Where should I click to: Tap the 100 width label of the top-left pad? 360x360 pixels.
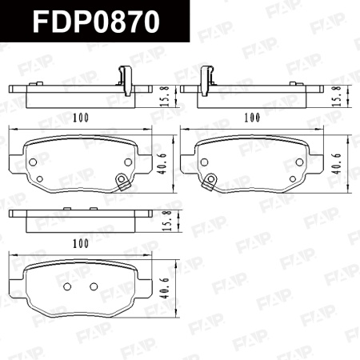tap(80, 118)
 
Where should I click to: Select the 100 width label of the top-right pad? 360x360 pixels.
tap(253, 118)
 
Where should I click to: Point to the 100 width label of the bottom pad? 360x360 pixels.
tap(80, 242)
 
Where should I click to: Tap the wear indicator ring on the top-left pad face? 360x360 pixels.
tap(122, 179)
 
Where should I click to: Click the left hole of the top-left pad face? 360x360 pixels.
tap(34, 161)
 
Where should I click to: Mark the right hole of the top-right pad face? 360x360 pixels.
tap(298, 161)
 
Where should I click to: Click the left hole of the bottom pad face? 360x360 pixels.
tap(67, 286)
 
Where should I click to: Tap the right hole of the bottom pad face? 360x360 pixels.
tap(93, 286)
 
